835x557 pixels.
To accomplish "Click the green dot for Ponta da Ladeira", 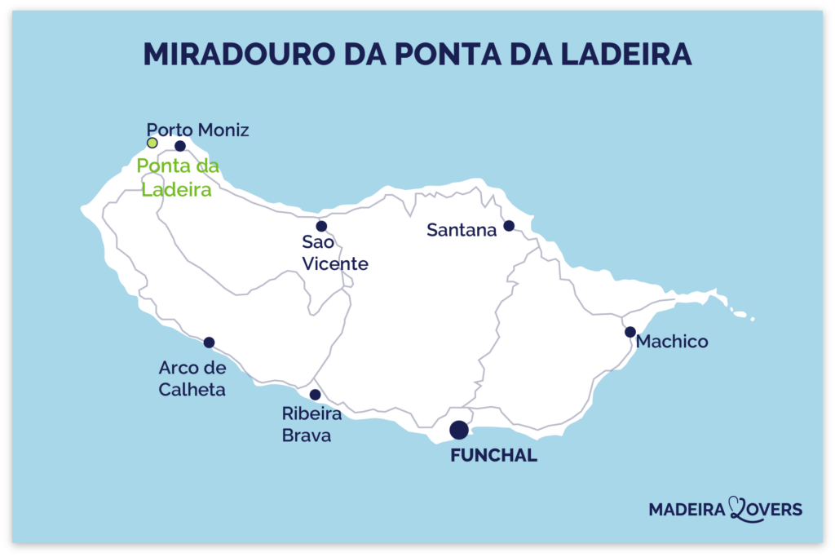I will coord(152,143).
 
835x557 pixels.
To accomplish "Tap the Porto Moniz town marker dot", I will coord(180,146).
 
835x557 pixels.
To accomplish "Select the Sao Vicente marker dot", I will coord(321,226).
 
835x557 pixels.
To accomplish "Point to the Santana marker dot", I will coord(509,226).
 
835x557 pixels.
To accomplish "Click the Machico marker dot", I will coord(630,332).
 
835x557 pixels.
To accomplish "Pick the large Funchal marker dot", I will coord(459,429).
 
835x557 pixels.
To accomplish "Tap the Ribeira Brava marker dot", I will coord(315,395).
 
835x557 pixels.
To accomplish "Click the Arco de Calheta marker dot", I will coord(209,343).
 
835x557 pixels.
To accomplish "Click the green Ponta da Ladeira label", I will coord(177,178).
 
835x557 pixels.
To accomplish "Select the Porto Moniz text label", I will coord(197,130).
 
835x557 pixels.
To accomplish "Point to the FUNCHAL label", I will coord(494,456).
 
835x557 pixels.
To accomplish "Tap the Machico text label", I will coord(672,342).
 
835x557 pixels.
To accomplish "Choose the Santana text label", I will coord(462,231).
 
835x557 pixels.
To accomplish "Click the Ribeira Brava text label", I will coord(311,425).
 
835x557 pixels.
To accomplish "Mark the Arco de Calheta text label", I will coord(192,379).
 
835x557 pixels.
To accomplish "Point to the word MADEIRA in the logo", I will coord(687,510).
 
